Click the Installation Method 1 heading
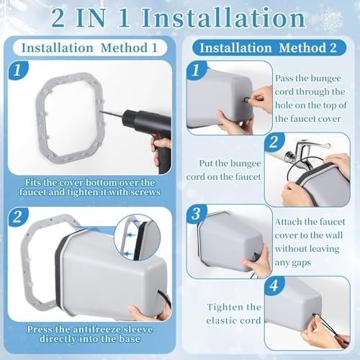pyautogui.click(x=89, y=48)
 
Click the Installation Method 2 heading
pyautogui.click(x=269, y=48)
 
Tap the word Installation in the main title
pyautogui.click(x=223, y=18)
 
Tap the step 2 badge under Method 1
pyautogui.click(x=18, y=217)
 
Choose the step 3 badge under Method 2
pyautogui.click(x=197, y=214)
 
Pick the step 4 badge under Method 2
pyautogui.click(x=274, y=286)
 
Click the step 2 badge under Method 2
pyautogui.click(x=274, y=142)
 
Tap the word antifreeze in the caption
pyautogui.click(x=95, y=329)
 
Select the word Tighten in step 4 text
pyautogui.click(x=222, y=307)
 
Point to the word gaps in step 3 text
pyautogui.click(x=300, y=263)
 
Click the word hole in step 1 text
pyautogui.click(x=284, y=105)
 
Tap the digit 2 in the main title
pyautogui.click(x=58, y=19)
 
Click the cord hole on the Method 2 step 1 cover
pyautogui.click(x=246, y=100)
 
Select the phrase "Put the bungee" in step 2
pyautogui.click(x=230, y=163)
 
